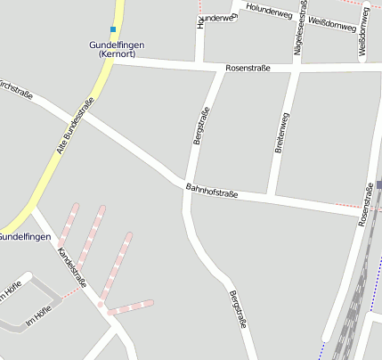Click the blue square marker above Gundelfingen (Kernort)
point(113,29)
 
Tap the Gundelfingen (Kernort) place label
point(117,50)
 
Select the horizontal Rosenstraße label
point(248,68)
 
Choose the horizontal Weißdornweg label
point(334,24)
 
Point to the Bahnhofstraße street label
point(212,190)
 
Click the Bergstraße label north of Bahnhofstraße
point(201,126)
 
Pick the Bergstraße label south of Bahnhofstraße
point(236,311)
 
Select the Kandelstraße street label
point(71,267)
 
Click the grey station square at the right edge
point(378,184)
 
